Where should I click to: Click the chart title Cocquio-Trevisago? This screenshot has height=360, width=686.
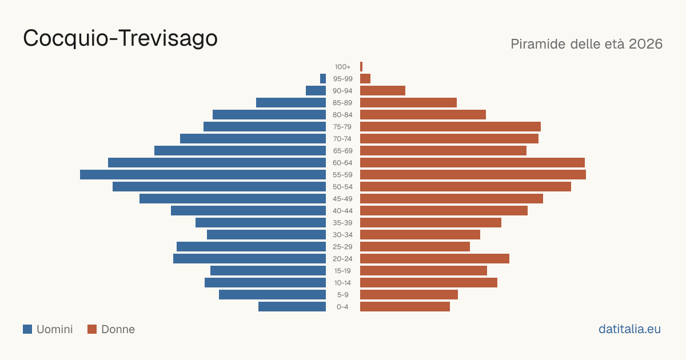(121, 39)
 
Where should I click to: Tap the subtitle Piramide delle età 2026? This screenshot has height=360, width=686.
(587, 44)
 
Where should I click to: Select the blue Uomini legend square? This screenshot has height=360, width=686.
(27, 329)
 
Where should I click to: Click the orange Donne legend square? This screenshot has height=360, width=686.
(92, 329)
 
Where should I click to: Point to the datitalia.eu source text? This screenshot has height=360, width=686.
(629, 329)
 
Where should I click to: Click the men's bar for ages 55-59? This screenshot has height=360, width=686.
(203, 174)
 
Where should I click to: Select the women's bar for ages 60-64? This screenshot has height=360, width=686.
(472, 162)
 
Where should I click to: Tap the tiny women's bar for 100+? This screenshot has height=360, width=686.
(361, 66)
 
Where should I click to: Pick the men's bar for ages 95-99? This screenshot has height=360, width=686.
(323, 79)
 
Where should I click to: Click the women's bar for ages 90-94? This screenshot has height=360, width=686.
(382, 91)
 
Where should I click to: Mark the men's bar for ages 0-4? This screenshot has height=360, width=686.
(292, 306)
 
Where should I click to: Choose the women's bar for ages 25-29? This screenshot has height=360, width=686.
(415, 246)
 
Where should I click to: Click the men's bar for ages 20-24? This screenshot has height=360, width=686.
(249, 259)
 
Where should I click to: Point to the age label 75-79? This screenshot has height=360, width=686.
(342, 127)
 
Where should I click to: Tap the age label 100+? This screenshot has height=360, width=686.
(342, 67)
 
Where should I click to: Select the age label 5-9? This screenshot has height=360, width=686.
(342, 295)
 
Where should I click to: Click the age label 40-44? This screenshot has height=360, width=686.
(342, 211)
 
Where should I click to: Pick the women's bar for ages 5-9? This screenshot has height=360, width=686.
(409, 294)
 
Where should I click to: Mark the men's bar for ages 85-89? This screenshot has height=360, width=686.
(291, 102)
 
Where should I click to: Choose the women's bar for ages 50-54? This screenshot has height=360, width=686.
(465, 186)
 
